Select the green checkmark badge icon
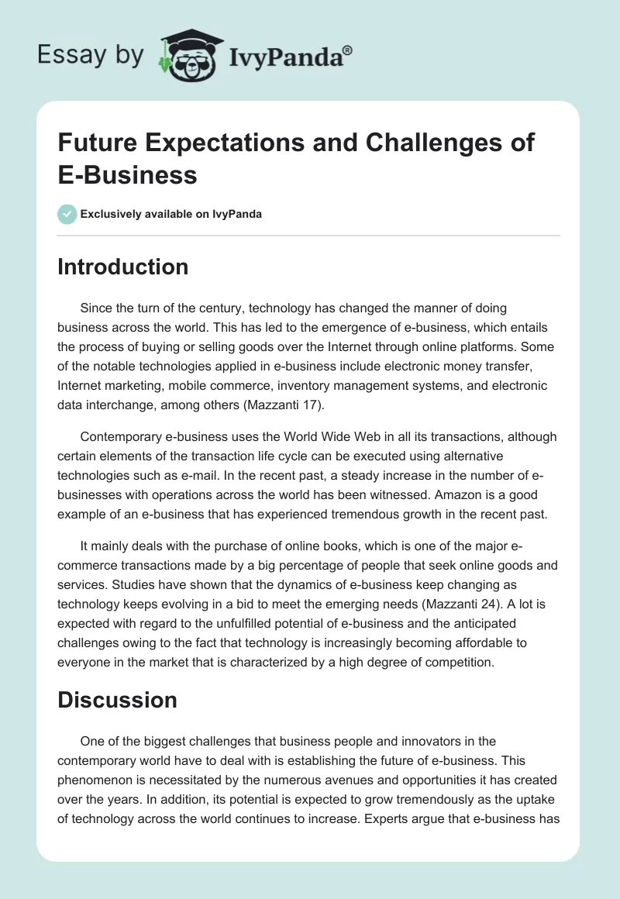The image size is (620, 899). tap(67, 214)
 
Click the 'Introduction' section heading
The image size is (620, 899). tap(123, 267)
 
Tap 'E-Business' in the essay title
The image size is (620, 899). tap(128, 175)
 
